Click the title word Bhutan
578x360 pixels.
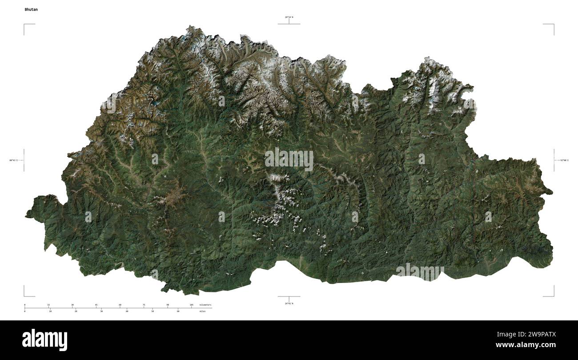pyautogui.click(x=31, y=9)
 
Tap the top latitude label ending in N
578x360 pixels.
pyautogui.click(x=289, y=17)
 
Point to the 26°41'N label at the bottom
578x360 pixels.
pyautogui.click(x=289, y=303)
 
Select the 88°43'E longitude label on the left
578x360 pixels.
pyautogui.click(x=14, y=160)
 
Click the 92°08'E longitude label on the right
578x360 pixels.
pyautogui.click(x=564, y=160)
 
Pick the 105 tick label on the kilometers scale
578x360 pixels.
pyautogui.click(x=191, y=305)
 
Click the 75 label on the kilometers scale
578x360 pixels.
pyautogui.click(x=144, y=305)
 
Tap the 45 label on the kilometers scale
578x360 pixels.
pyautogui.click(x=96, y=305)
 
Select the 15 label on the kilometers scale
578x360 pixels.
pyautogui.click(x=48, y=305)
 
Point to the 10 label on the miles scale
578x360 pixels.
pyautogui.click(x=50, y=311)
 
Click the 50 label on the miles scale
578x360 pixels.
pyautogui.click(x=153, y=311)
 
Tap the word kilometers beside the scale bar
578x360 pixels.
pyautogui.click(x=205, y=305)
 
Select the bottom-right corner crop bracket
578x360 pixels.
pyautogui.click(x=552, y=294)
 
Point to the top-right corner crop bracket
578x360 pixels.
pyautogui.click(x=552, y=26)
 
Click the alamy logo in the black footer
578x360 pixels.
pyautogui.click(x=44, y=340)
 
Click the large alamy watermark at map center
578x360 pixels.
pyautogui.click(x=289, y=159)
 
